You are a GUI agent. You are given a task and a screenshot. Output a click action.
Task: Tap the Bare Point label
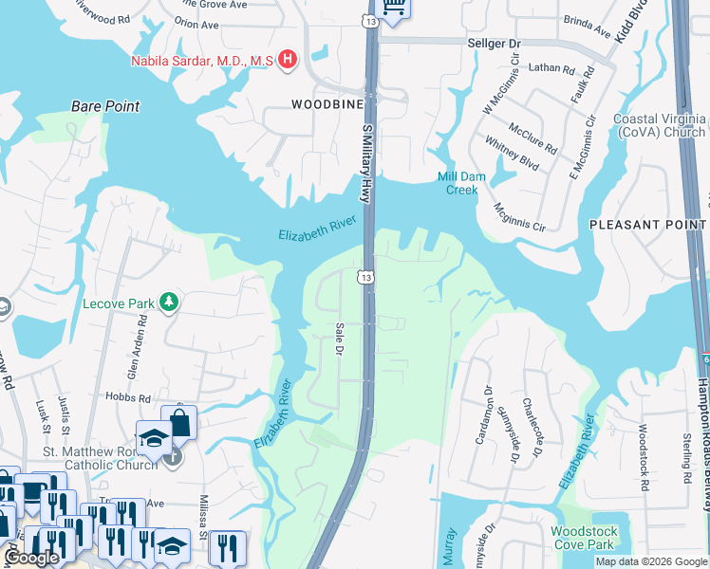tap(105, 106)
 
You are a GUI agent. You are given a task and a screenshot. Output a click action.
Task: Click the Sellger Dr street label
tap(495, 44)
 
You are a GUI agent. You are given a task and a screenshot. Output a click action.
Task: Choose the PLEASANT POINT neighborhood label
tap(647, 225)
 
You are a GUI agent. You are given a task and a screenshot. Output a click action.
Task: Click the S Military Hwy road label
tap(364, 162)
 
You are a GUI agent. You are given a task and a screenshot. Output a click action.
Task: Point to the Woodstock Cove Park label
tap(583, 564)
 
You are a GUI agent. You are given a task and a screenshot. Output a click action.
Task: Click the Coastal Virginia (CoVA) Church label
tap(659, 126)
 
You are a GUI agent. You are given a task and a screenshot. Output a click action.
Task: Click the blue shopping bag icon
tap(178, 422)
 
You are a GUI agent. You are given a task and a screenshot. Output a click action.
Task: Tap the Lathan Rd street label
tap(551, 69)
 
